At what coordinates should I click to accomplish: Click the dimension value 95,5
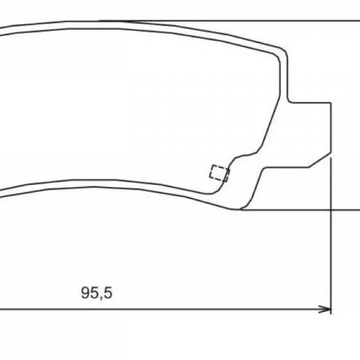click(x=96, y=293)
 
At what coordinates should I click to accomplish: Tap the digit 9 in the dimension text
click(x=86, y=293)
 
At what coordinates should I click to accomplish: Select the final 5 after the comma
click(x=107, y=293)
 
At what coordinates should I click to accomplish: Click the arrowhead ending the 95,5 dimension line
click(x=326, y=308)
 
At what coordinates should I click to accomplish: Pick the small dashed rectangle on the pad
click(x=218, y=172)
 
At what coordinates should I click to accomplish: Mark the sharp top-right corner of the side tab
click(x=330, y=102)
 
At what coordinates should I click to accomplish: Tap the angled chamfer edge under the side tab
click(x=320, y=160)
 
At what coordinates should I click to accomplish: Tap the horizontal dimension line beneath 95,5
click(x=200, y=308)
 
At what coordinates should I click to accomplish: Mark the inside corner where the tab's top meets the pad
click(x=287, y=102)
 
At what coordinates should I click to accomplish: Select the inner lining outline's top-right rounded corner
click(x=274, y=57)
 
